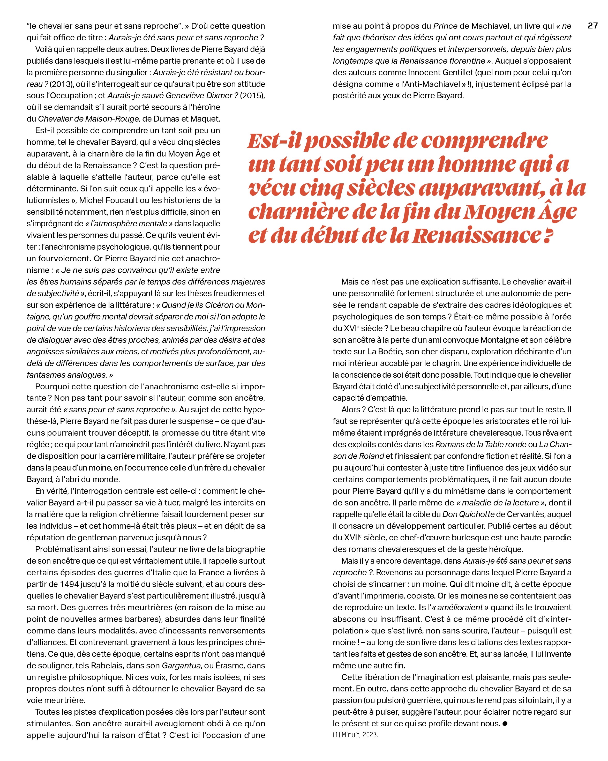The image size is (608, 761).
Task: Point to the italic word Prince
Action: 445,26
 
